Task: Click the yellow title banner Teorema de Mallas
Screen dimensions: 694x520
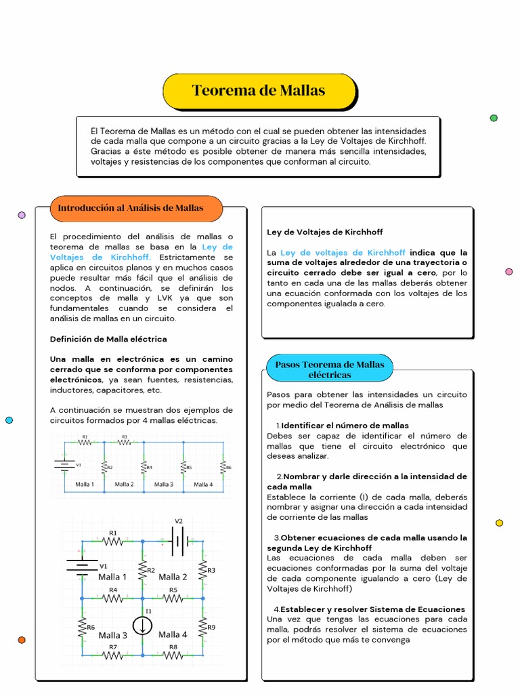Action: (259, 91)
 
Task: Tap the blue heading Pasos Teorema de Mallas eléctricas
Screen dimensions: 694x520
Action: (329, 369)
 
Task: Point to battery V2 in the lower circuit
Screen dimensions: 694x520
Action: (179, 541)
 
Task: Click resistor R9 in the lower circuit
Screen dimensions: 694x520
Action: (202, 627)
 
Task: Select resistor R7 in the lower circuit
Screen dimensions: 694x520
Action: (113, 655)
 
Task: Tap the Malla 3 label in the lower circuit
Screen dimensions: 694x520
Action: (112, 635)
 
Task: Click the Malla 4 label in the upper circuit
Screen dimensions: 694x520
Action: (203, 484)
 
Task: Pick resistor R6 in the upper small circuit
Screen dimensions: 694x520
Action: (223, 467)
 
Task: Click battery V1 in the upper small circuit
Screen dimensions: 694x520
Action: (65, 465)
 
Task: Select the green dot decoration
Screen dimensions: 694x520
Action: (494, 118)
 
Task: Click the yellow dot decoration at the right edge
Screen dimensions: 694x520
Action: (500, 523)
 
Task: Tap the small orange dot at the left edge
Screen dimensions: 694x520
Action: (22, 640)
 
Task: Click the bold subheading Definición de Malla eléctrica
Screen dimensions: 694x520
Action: (108, 339)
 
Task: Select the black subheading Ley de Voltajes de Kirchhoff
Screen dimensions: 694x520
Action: (315, 232)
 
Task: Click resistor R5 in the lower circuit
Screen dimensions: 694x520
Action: (173, 598)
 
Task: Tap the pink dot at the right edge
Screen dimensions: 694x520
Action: (508, 272)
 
